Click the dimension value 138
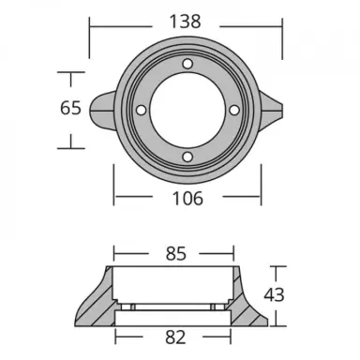(x=184, y=18)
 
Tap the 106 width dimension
(x=184, y=198)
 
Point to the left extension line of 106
(x=114, y=183)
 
